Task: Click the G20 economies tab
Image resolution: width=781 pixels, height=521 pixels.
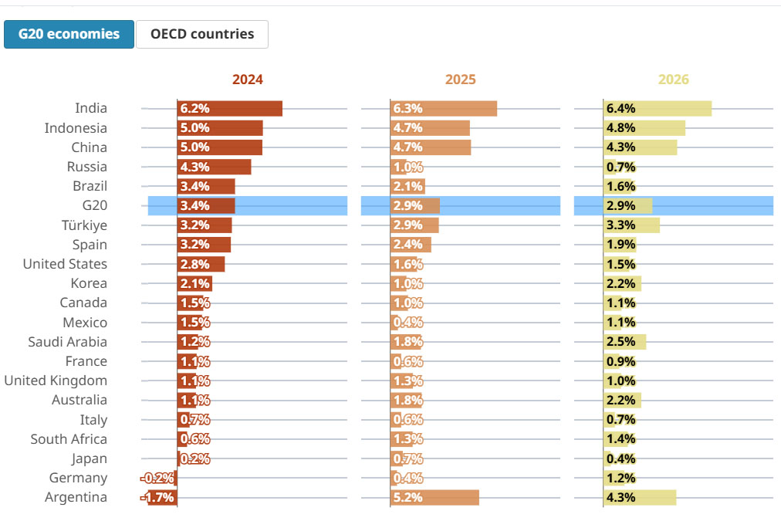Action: pyautogui.click(x=69, y=34)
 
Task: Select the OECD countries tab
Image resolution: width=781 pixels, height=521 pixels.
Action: pyautogui.click(x=201, y=34)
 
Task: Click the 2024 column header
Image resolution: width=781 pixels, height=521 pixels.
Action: pyautogui.click(x=247, y=80)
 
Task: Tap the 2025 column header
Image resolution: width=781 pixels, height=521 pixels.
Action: pyautogui.click(x=460, y=80)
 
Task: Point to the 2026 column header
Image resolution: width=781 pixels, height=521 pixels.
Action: pyautogui.click(x=673, y=80)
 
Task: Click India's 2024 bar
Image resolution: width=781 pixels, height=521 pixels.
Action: pyautogui.click(x=229, y=109)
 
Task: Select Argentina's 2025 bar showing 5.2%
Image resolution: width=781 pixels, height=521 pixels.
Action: pyautogui.click(x=434, y=498)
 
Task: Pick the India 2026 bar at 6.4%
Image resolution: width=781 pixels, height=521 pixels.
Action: pyautogui.click(x=657, y=109)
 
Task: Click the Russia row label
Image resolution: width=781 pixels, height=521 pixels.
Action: pyautogui.click(x=87, y=167)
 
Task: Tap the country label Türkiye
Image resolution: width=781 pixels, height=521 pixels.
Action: pyautogui.click(x=84, y=225)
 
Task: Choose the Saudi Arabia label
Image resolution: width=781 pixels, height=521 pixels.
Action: pyautogui.click(x=67, y=342)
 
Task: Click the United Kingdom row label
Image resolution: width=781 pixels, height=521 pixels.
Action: pyautogui.click(x=56, y=381)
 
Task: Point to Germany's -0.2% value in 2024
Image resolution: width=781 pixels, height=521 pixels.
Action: pyautogui.click(x=157, y=479)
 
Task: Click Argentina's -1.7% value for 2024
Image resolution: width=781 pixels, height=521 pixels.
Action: pyautogui.click(x=158, y=498)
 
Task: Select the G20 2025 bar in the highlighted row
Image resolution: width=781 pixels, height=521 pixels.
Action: pyautogui.click(x=415, y=206)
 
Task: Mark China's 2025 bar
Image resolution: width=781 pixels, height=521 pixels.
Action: pyautogui.click(x=431, y=147)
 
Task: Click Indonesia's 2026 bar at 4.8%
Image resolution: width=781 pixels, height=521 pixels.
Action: pyautogui.click(x=644, y=128)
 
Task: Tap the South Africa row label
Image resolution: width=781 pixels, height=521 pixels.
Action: pyautogui.click(x=69, y=439)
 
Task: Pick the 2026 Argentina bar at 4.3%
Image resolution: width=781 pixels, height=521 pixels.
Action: pyautogui.click(x=639, y=498)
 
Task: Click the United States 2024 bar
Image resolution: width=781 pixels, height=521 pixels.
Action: pyautogui.click(x=201, y=264)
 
